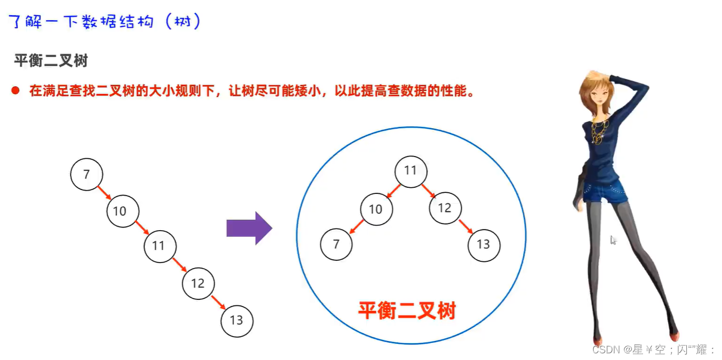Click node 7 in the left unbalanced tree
click(86, 174)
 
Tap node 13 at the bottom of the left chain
click(237, 320)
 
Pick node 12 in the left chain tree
click(198, 283)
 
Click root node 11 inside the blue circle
click(411, 171)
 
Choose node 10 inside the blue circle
click(376, 209)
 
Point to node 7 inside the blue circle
click(336, 244)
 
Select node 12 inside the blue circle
click(445, 208)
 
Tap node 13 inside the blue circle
click(484, 244)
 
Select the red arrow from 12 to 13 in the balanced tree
click(465, 226)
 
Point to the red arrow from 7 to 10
click(104, 193)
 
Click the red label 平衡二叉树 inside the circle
click(407, 310)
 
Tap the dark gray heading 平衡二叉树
click(51, 61)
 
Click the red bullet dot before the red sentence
click(16, 90)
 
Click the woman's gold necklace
click(599, 131)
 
